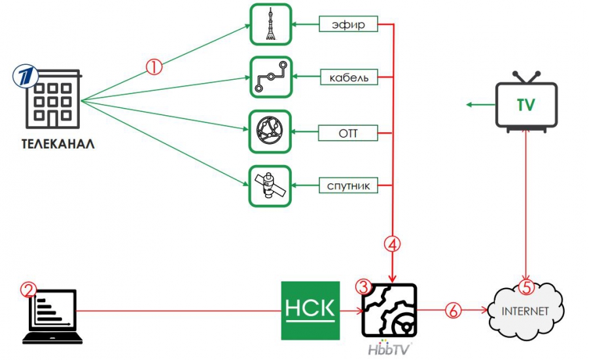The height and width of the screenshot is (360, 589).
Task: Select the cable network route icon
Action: click(x=270, y=77)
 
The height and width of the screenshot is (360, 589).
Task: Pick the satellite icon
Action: click(x=270, y=186)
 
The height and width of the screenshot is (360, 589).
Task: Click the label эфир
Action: click(x=349, y=26)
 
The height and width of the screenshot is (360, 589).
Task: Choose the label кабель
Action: click(x=349, y=78)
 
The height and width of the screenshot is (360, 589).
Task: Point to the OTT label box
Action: click(x=349, y=134)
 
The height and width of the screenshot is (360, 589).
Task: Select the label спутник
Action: click(x=349, y=187)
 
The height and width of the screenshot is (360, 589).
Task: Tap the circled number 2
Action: click(x=28, y=290)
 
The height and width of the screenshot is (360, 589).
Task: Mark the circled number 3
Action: click(x=364, y=287)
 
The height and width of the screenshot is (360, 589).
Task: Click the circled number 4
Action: click(x=392, y=244)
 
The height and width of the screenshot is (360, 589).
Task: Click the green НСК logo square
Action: click(x=311, y=311)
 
